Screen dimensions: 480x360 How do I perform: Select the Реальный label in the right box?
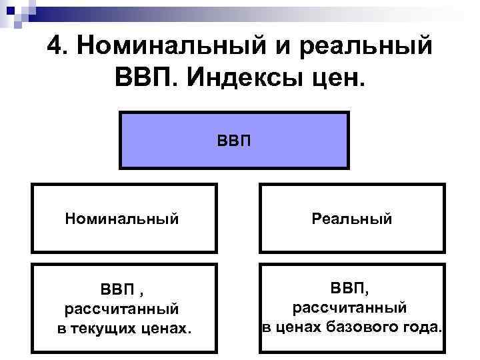click(x=351, y=218)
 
